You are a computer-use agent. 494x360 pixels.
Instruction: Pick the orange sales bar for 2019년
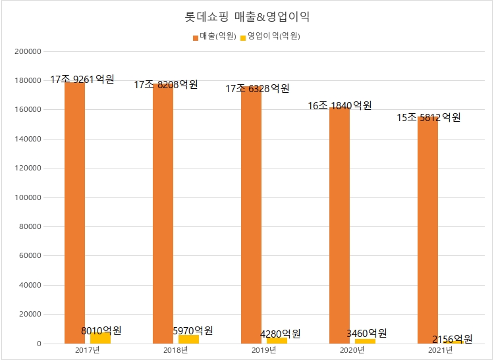point(251,217)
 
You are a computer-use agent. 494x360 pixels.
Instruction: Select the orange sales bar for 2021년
point(428,224)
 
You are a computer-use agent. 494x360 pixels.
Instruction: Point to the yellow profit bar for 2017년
point(100,338)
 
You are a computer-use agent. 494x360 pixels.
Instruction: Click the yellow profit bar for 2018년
point(188,339)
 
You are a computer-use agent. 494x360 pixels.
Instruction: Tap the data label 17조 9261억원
point(82,80)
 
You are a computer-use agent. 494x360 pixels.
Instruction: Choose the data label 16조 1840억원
point(340,105)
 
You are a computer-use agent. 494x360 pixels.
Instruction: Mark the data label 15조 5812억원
point(428,118)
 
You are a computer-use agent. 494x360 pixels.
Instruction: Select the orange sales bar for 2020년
point(340,224)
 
